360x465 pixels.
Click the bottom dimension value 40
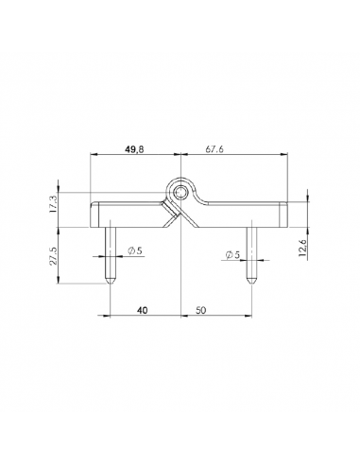141,310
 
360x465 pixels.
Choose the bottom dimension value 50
202,310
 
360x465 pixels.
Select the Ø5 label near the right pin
232,255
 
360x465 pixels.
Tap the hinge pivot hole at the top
180,192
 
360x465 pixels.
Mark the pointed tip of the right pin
252,281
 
